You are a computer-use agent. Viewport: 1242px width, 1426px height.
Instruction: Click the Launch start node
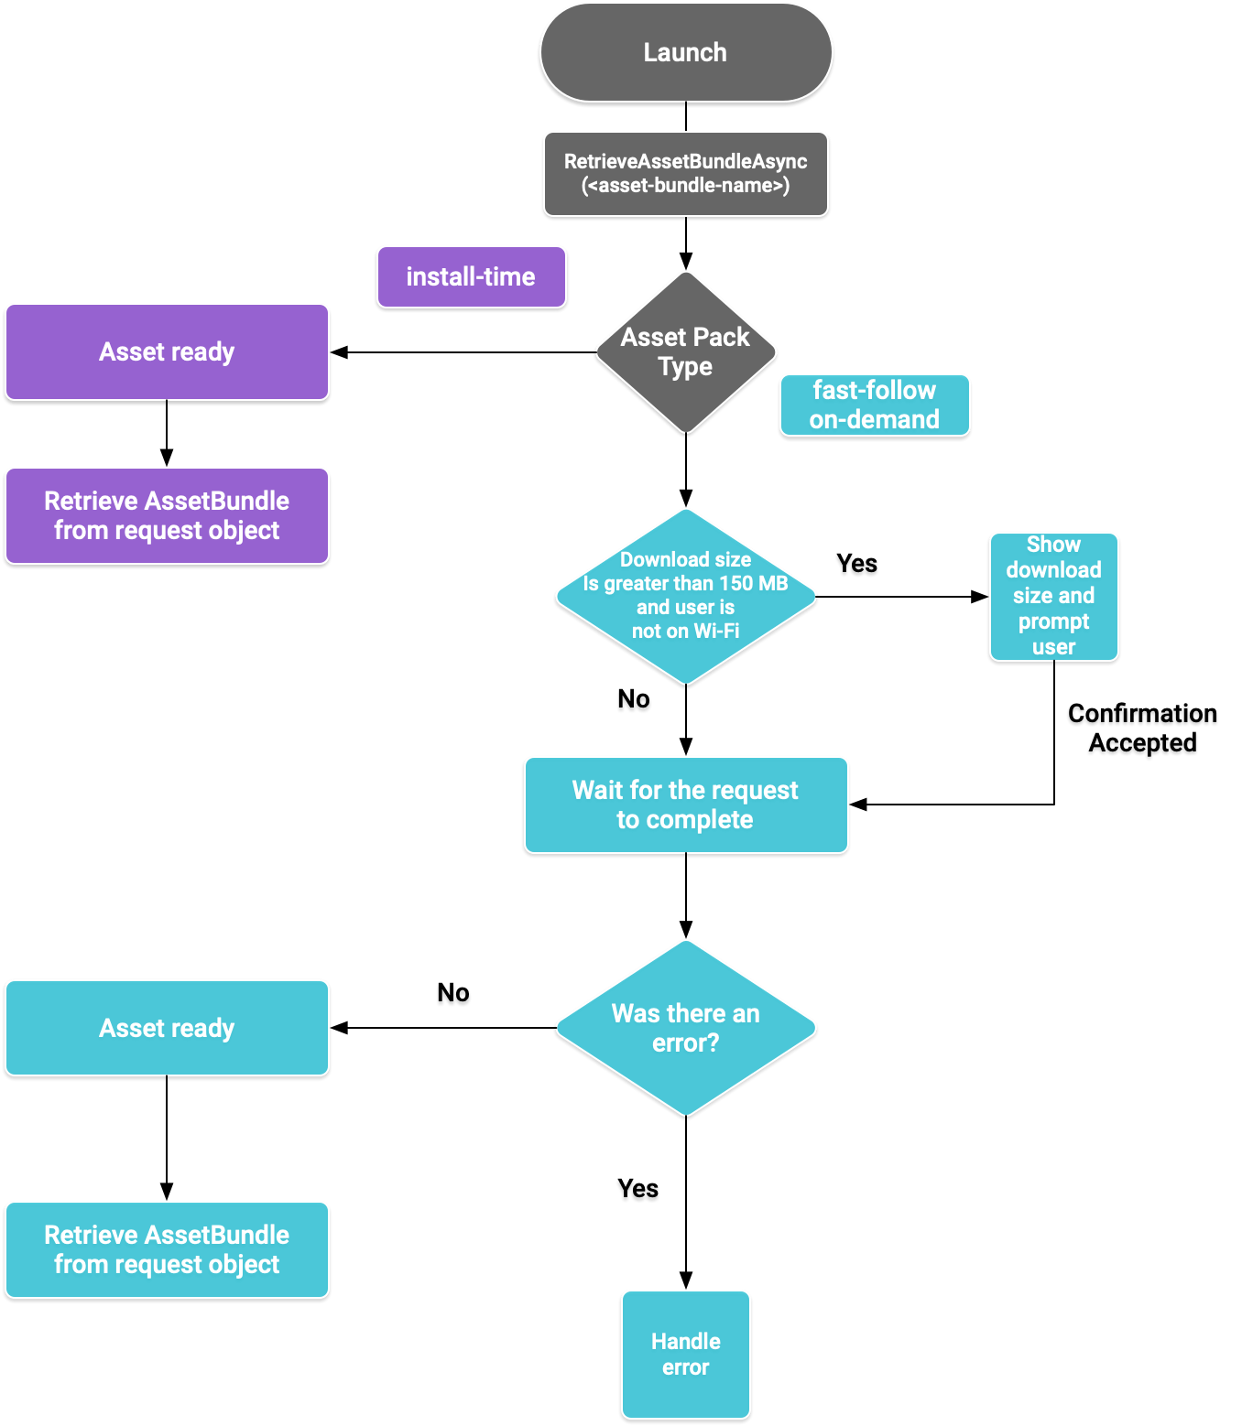point(686,53)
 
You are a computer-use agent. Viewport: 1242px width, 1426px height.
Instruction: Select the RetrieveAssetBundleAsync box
point(686,174)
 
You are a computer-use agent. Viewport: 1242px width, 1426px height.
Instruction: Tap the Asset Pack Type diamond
point(686,352)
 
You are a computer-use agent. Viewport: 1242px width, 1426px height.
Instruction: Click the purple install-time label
point(471,277)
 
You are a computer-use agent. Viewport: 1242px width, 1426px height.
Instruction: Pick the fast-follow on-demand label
point(874,405)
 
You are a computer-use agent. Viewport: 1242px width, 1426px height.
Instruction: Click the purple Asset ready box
point(167,352)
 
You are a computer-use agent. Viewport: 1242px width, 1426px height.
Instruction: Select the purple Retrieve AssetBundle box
point(167,516)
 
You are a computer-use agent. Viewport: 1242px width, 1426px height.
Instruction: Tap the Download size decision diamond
point(686,596)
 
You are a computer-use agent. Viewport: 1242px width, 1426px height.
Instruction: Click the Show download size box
point(1053,596)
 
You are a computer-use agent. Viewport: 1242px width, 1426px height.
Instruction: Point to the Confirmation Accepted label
point(1142,730)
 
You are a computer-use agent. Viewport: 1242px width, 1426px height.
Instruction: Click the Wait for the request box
point(686,805)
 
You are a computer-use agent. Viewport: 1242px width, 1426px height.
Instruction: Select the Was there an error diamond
point(686,1028)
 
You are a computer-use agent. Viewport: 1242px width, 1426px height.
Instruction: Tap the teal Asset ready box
point(167,1028)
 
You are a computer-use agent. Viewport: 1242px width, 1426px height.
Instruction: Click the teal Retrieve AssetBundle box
point(167,1249)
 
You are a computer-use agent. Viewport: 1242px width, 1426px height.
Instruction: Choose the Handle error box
point(686,1355)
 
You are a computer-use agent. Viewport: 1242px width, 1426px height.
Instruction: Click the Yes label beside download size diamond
point(856,567)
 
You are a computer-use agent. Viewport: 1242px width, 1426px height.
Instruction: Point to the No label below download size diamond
point(634,702)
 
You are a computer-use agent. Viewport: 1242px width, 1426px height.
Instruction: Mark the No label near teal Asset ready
point(453,996)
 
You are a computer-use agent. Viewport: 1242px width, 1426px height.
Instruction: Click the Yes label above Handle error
point(637,1191)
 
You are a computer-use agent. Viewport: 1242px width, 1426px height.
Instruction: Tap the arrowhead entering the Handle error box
point(686,1280)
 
